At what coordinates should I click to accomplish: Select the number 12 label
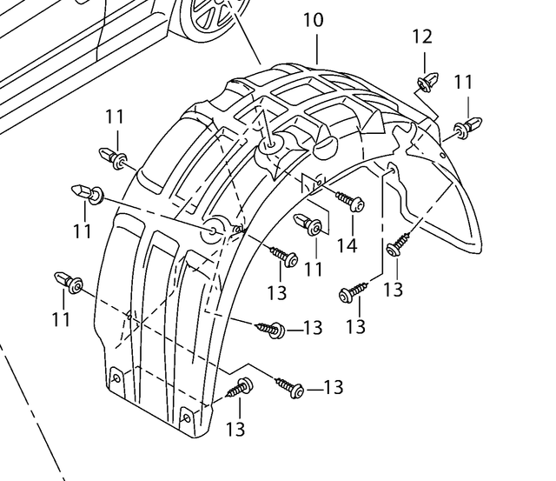(421, 37)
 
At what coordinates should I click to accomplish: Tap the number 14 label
(347, 246)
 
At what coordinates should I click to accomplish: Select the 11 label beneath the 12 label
(464, 83)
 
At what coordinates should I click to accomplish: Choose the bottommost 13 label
(235, 429)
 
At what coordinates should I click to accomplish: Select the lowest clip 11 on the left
(69, 282)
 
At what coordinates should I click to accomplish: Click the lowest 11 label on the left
(60, 320)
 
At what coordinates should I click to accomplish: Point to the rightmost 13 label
(393, 289)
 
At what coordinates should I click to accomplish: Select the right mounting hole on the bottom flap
(185, 421)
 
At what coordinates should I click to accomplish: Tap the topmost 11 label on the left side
(116, 117)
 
